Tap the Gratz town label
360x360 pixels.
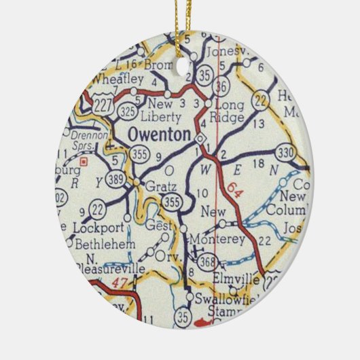pos(160,186)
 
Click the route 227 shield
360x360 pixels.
pos(104,105)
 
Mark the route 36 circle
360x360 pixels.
pos(219,86)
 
